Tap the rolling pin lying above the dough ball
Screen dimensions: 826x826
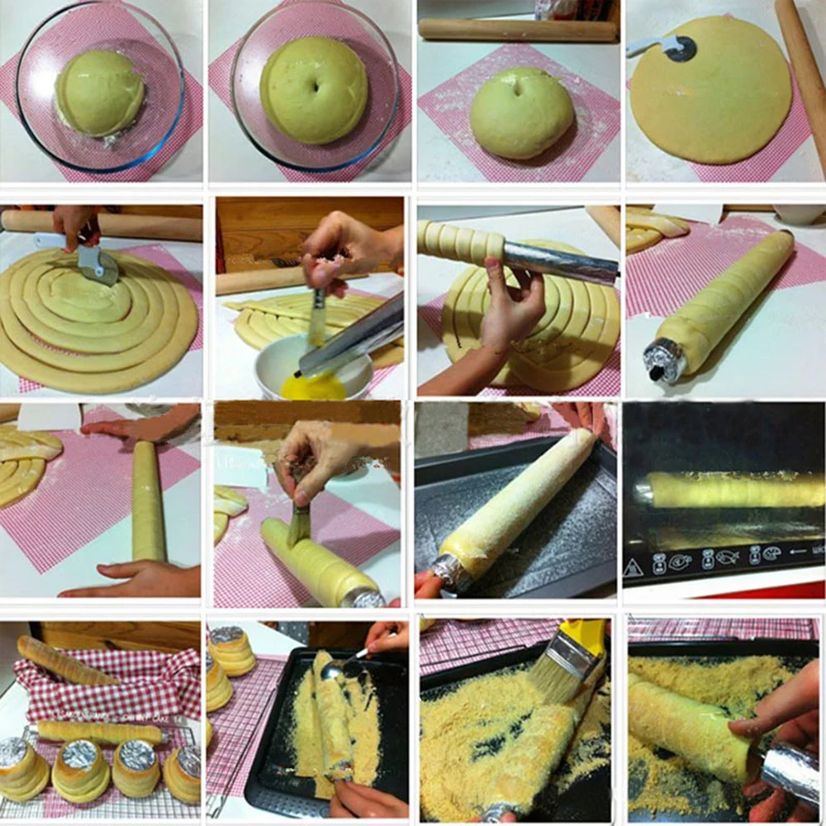[x=518, y=31]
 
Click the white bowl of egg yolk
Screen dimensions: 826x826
[x=311, y=370]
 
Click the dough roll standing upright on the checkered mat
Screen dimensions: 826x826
[x=149, y=500]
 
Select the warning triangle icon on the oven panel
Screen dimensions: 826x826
[x=634, y=567]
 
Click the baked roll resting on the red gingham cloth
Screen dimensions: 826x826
[x=66, y=661]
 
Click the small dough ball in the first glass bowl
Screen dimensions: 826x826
[x=100, y=93]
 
